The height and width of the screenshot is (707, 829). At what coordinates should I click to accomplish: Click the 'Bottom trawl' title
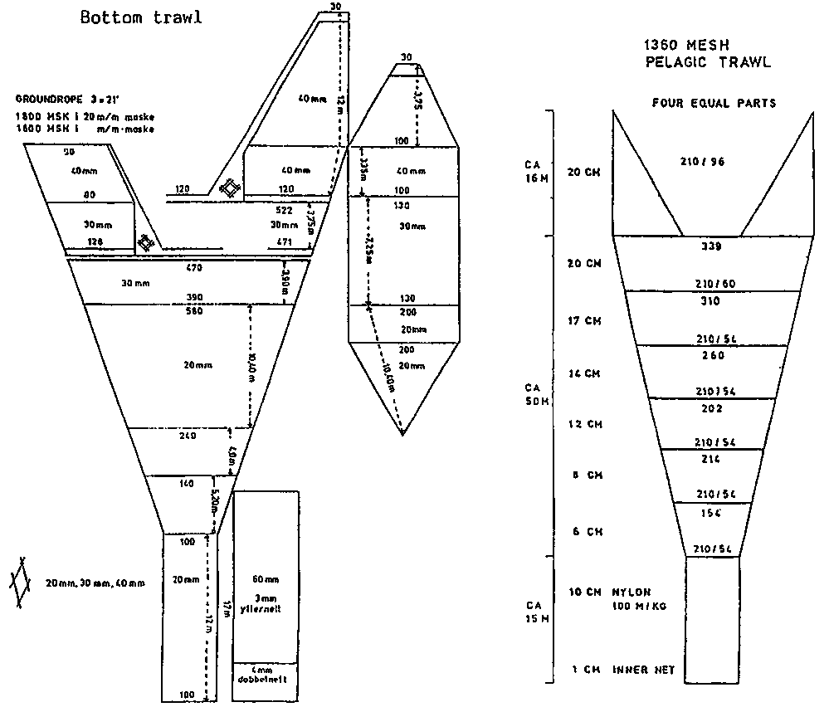(x=140, y=17)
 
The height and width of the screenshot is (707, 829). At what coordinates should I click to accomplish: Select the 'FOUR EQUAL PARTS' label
(x=714, y=103)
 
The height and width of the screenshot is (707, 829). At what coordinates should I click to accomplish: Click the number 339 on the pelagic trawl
(x=712, y=246)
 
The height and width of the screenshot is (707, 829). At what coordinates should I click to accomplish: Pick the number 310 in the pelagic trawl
(x=711, y=301)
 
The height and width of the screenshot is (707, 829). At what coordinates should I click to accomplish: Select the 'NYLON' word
(x=632, y=592)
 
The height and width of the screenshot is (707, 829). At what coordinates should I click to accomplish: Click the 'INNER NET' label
(x=645, y=669)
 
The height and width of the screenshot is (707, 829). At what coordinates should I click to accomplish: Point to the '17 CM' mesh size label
(x=581, y=320)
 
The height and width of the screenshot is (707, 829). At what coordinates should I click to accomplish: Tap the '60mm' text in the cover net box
(x=266, y=578)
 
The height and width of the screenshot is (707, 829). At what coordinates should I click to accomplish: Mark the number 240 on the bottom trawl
(x=186, y=436)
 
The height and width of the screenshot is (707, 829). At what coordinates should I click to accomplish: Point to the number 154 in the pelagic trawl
(x=711, y=513)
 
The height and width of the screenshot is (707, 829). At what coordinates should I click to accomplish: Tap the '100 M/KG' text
(x=639, y=607)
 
